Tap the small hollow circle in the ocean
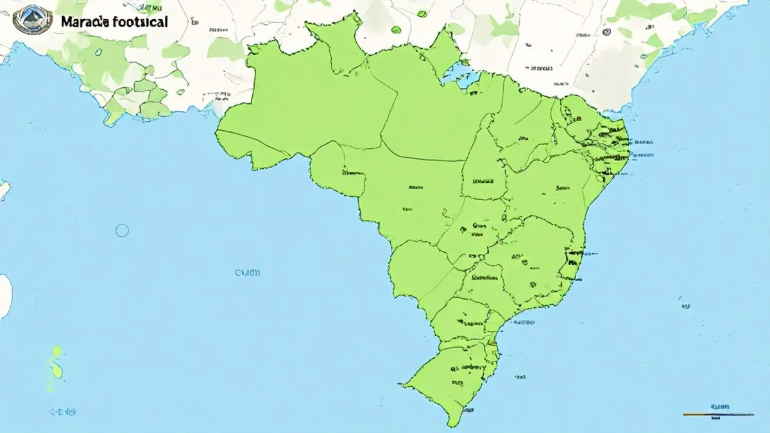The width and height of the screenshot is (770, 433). [x=122, y=230]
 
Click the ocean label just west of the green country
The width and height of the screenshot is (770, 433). [x=248, y=273]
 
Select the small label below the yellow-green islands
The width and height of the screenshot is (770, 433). [x=63, y=411]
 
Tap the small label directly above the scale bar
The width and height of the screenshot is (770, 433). [x=719, y=407]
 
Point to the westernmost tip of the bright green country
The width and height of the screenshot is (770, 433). [x=216, y=132]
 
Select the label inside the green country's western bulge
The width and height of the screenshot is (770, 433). [x=352, y=172]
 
